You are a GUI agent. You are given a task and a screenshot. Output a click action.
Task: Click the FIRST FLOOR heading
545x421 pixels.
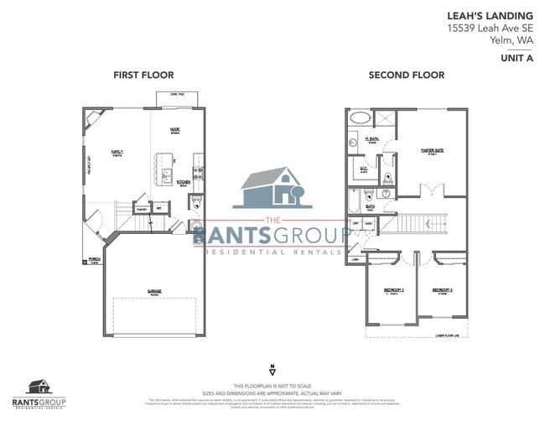[x=143, y=75]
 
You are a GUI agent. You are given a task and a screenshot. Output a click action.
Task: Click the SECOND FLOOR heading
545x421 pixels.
[x=406, y=75]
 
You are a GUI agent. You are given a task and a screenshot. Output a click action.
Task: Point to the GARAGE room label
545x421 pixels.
[x=155, y=293]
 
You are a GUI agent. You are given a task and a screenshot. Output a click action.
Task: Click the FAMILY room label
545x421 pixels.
[x=117, y=153]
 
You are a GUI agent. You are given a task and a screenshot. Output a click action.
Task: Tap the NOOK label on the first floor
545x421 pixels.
[x=175, y=130]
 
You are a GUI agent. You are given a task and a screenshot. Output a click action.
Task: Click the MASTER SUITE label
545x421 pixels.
[x=433, y=151]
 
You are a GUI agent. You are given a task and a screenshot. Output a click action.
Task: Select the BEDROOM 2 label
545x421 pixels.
[x=394, y=290]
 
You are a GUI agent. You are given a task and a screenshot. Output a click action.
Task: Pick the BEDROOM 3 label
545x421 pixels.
[x=442, y=290]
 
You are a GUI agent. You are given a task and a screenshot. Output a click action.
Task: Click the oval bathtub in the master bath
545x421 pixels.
[x=357, y=118]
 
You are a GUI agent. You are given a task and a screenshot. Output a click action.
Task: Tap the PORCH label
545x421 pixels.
[x=95, y=260]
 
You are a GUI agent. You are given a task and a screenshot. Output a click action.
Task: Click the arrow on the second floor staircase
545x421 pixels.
[x=429, y=223]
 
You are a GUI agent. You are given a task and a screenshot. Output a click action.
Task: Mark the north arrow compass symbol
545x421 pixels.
[x=272, y=368]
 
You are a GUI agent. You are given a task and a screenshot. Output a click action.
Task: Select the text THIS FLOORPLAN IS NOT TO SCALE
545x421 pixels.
[x=272, y=383]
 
